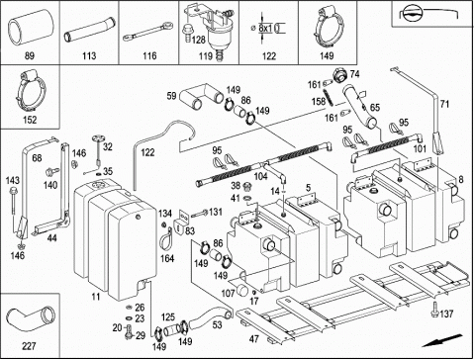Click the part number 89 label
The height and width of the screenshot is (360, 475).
tap(30, 55)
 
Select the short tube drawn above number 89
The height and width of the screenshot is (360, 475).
tap(31, 27)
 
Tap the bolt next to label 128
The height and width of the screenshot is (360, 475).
tap(186, 34)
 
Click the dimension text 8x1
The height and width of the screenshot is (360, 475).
tap(265, 29)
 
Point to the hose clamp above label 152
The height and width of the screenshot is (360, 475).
tap(31, 92)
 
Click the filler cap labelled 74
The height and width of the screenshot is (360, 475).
tap(339, 75)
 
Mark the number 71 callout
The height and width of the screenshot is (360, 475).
tap(444, 104)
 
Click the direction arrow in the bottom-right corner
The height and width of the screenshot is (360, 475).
tap(442, 340)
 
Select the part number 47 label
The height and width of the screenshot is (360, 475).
tap(254, 338)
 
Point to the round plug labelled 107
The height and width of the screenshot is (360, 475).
tap(242, 289)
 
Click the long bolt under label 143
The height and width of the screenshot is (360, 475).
tap(13, 205)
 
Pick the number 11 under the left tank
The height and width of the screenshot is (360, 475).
tap(96, 297)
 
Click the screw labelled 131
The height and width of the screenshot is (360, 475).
tap(199, 214)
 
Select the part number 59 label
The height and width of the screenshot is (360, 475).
tap(171, 96)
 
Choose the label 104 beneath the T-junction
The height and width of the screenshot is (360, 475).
tap(260, 176)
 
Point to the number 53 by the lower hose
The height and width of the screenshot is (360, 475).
tap(217, 324)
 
